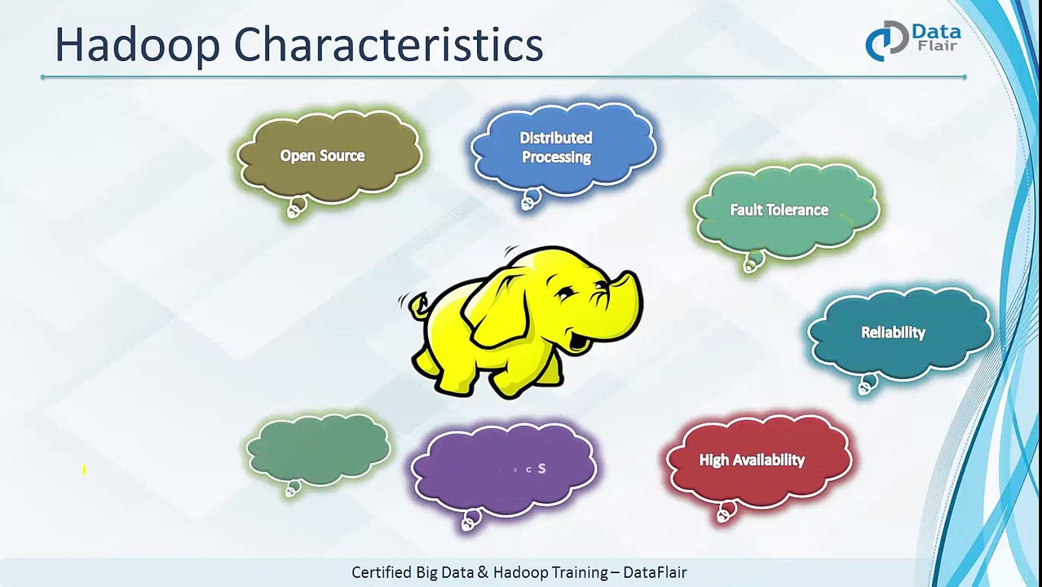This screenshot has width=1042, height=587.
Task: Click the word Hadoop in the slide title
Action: [137, 46]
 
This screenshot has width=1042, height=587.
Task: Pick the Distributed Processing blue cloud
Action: [563, 148]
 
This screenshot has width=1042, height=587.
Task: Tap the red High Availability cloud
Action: [758, 461]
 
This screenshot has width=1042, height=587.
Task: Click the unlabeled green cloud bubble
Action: [318, 448]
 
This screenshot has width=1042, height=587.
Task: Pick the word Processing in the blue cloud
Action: [556, 157]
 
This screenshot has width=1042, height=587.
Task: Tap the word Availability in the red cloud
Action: [770, 461]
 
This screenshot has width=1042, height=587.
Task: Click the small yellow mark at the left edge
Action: [84, 470]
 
